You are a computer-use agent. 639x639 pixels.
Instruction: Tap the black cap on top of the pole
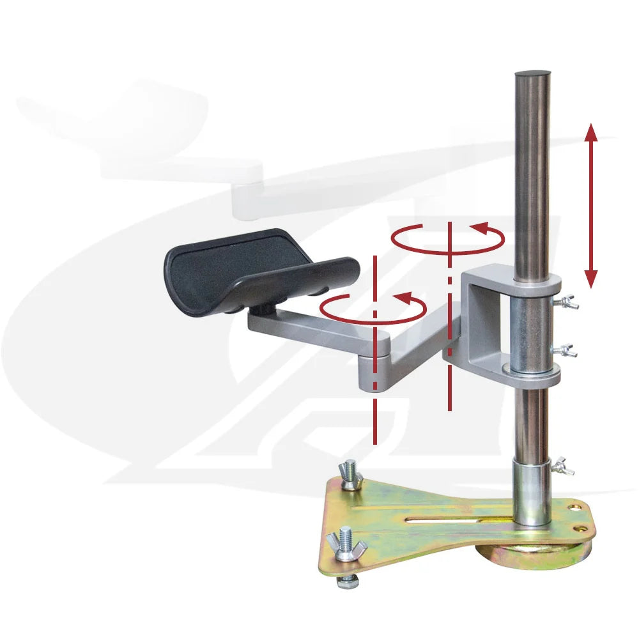[x=532, y=75]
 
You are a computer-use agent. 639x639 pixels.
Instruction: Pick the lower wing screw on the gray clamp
[x=566, y=350]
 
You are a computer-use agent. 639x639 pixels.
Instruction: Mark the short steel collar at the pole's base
[x=532, y=492]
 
